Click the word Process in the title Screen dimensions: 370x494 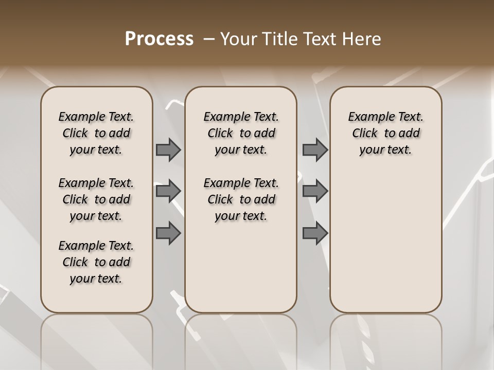159,39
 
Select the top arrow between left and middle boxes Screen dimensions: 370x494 168,150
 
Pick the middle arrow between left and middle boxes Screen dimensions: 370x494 168,191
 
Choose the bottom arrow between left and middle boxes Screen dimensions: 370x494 168,233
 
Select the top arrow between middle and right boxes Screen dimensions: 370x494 315,150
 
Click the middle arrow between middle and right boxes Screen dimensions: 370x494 315,191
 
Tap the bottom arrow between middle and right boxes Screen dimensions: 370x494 315,233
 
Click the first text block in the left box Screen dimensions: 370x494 96,133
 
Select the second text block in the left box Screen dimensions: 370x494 96,199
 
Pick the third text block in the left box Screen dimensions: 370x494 96,262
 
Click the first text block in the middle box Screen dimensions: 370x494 241,133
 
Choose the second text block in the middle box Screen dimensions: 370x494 241,199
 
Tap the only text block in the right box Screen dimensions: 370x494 385,133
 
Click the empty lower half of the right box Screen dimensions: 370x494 385,247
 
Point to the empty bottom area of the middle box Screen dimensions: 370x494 241,272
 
